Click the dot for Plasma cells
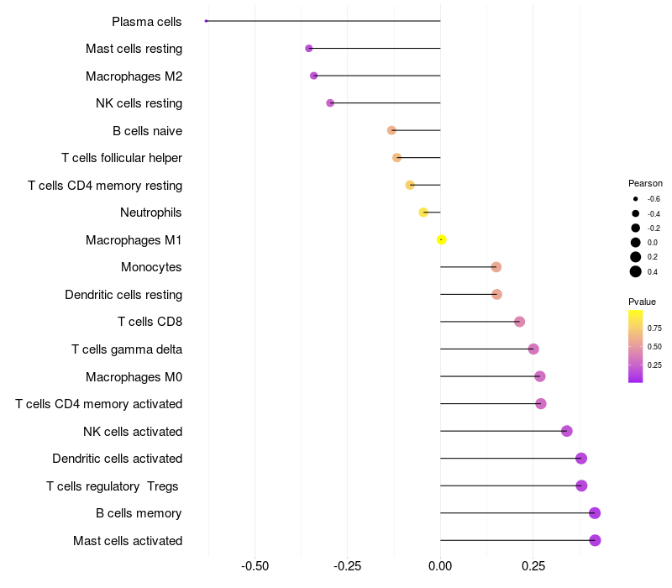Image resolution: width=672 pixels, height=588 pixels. coord(206,21)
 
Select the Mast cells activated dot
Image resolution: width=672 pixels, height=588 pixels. coord(595,540)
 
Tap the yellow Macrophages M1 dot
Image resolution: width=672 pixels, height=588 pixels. coord(442,239)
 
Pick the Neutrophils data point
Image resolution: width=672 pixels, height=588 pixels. coord(423,213)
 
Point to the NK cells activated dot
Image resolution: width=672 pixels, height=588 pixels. coord(566,431)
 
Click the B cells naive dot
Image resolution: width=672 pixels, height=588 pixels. coord(391,130)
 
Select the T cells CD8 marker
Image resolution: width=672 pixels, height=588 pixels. coord(519,322)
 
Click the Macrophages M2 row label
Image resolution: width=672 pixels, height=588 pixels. coord(134,76)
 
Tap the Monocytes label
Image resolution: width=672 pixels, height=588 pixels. coord(151,267)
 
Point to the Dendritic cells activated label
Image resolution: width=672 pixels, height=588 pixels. coord(117,459)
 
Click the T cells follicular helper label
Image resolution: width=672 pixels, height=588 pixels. coord(122,158)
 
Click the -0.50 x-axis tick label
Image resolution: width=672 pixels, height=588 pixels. coord(255,566)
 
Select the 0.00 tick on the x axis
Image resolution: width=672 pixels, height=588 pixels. coord(440,566)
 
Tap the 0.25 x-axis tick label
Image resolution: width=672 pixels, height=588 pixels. coord(533,566)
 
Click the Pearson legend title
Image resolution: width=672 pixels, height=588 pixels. coord(645,183)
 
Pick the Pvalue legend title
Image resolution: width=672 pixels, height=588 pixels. coord(642,302)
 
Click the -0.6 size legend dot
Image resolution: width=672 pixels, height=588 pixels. coord(636,199)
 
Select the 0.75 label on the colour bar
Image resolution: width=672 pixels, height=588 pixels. coord(654,328)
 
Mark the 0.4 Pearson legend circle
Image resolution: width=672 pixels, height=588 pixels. coord(636,271)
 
